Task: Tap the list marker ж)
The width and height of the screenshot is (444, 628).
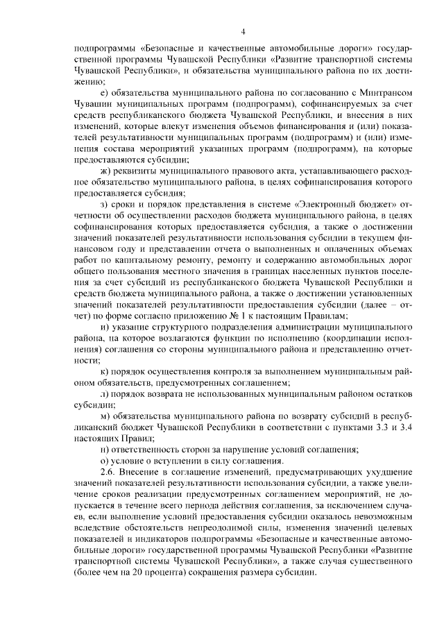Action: click(105, 172)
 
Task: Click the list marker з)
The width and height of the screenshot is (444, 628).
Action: click(104, 204)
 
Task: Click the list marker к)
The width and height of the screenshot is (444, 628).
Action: click(104, 372)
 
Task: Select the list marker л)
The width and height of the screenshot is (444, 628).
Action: click(104, 395)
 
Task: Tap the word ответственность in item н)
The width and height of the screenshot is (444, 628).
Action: click(150, 450)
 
